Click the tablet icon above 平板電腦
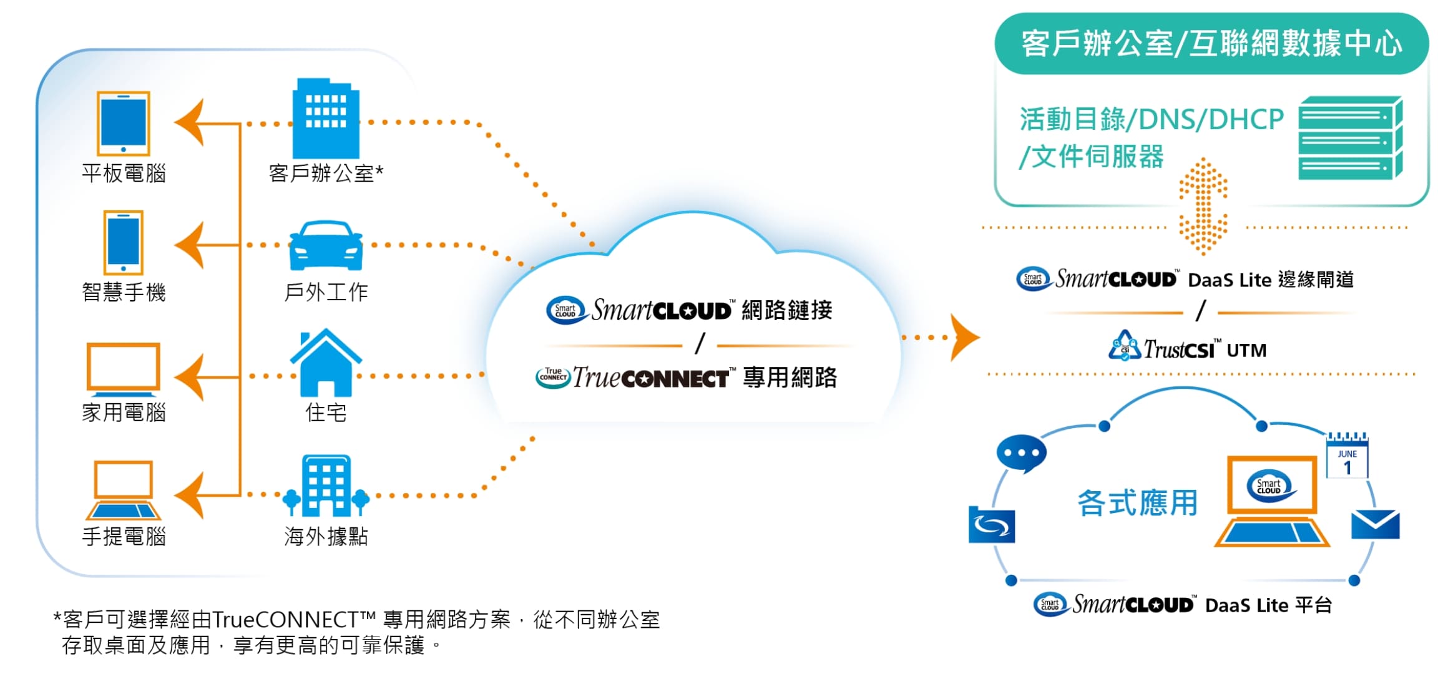tap(124, 124)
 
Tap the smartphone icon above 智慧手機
tap(124, 242)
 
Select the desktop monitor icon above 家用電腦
tap(124, 369)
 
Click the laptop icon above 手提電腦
tap(124, 491)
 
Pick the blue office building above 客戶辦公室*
tap(326, 119)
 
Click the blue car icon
tap(326, 245)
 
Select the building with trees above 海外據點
tap(326, 486)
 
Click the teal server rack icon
tap(1350, 139)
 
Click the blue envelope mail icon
tap(1375, 525)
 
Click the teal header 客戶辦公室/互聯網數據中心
tap(1211, 44)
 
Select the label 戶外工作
tap(326, 292)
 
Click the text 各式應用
tap(1137, 503)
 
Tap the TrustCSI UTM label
tap(1188, 349)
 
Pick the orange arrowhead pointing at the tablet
tap(190, 123)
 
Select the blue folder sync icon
tap(992, 525)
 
